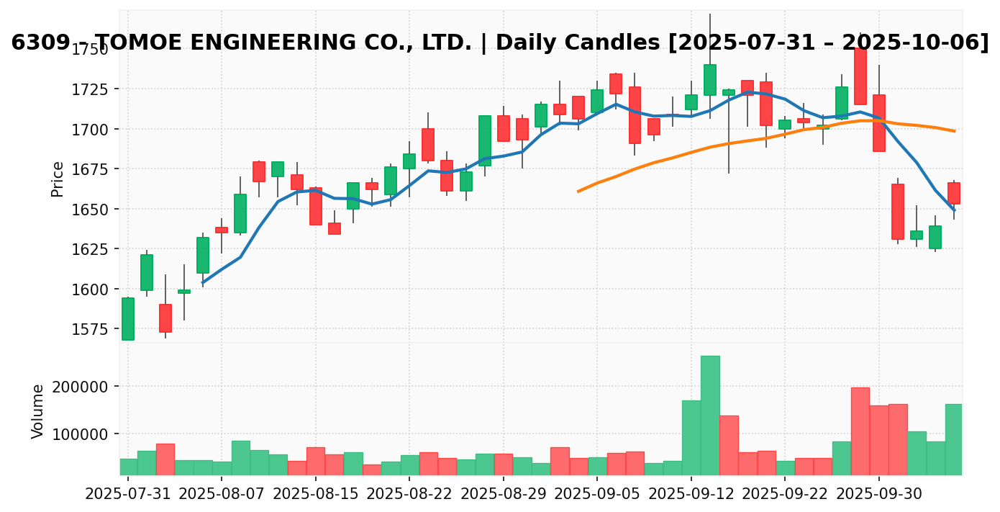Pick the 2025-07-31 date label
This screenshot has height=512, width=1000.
pos(128,495)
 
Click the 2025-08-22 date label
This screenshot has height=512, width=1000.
pos(409,495)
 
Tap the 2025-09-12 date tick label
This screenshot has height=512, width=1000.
pos(691,495)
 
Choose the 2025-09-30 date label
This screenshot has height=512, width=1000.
pos(878,495)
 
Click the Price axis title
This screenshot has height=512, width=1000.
pos(58,179)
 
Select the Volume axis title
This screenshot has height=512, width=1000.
pos(38,410)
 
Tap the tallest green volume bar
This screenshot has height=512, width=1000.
pos(710,415)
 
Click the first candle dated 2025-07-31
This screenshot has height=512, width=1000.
pos(128,318)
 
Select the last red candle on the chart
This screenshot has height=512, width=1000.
pos(954,193)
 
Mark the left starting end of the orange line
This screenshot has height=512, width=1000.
pos(578,192)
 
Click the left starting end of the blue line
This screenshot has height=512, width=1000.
pos(204,283)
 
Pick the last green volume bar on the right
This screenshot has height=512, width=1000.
pos(954,439)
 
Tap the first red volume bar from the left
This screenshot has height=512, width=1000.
pos(165,459)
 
